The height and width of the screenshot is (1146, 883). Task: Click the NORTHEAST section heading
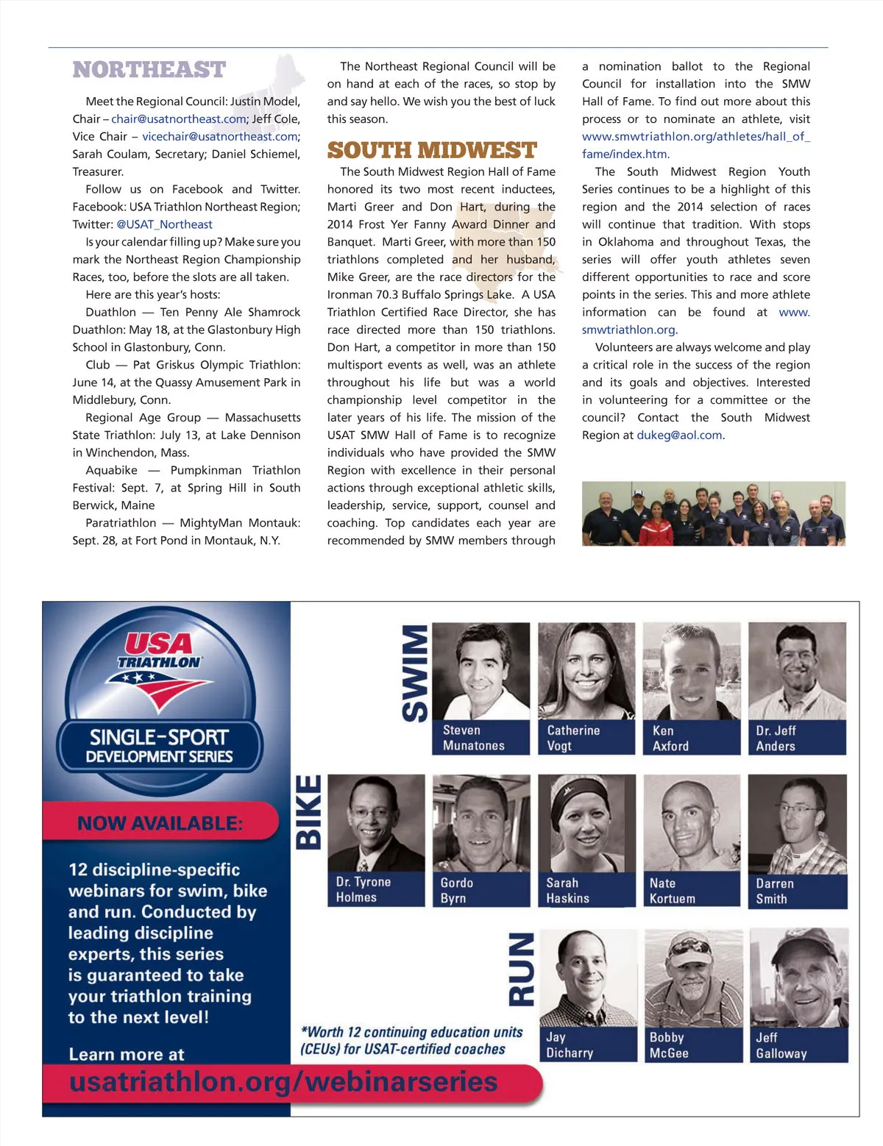(x=149, y=70)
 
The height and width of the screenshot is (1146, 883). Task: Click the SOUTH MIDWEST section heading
(x=432, y=151)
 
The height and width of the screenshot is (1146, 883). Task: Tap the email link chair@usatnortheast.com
(x=179, y=119)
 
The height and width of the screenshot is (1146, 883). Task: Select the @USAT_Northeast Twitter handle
(x=164, y=224)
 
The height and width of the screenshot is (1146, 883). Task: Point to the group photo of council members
(x=713, y=513)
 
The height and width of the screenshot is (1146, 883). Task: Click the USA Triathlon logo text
(x=160, y=651)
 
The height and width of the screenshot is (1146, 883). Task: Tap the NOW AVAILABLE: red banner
(x=160, y=822)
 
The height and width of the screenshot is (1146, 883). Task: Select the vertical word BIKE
(x=308, y=812)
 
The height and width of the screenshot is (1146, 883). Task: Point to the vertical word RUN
(x=521, y=969)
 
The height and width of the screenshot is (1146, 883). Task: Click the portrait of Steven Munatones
(x=481, y=671)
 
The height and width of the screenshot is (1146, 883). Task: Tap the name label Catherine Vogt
(x=586, y=738)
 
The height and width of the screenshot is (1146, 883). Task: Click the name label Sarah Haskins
(x=586, y=890)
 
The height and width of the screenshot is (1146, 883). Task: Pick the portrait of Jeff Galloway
(x=798, y=977)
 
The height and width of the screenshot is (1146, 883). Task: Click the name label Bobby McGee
(x=692, y=1044)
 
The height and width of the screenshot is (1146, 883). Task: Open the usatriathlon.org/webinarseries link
(x=283, y=1082)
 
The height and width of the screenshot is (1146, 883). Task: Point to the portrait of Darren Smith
(x=798, y=824)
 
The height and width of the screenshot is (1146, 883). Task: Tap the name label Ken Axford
(x=691, y=738)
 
